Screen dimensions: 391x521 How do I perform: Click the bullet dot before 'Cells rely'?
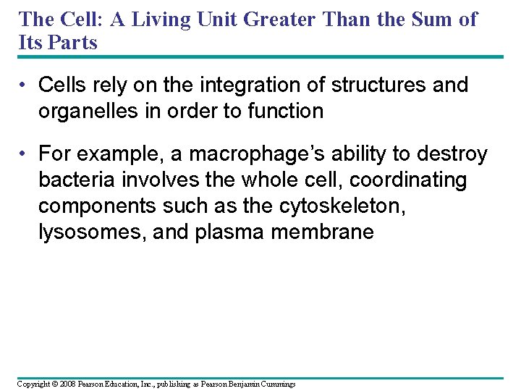point(25,85)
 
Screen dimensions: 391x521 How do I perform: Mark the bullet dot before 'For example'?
point(25,154)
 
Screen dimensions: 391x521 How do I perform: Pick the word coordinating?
point(408,180)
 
